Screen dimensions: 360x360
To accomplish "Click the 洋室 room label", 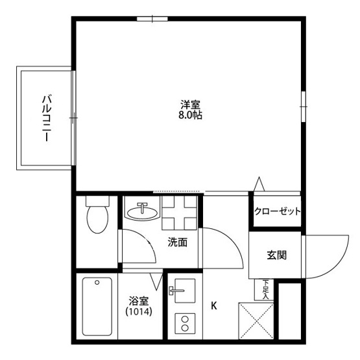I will click(x=191, y=104).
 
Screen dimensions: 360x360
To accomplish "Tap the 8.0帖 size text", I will click(x=191, y=115).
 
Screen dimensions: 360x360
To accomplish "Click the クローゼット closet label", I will click(x=276, y=211).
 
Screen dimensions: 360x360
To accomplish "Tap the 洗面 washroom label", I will click(x=178, y=243).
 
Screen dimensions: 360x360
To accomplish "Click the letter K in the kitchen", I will click(x=213, y=305).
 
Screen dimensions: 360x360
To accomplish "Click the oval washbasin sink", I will click(x=142, y=211).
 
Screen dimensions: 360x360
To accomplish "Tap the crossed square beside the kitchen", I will click(x=256, y=320).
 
